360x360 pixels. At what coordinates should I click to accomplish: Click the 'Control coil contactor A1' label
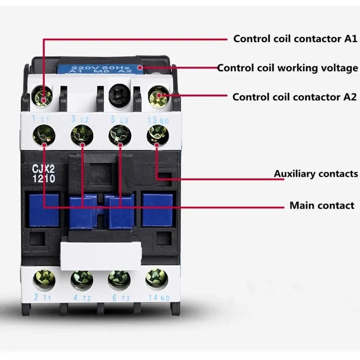click(295, 39)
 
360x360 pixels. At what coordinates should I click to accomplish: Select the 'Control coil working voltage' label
click(288, 68)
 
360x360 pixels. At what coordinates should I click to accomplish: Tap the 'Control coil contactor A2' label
click(294, 97)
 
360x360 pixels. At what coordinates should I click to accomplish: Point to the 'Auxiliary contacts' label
click(316, 173)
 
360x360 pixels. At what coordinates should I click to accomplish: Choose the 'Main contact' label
click(322, 205)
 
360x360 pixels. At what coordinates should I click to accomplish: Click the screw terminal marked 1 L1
click(44, 134)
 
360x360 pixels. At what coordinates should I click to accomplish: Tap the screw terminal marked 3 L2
click(81, 134)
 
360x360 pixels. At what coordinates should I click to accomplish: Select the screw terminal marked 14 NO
click(156, 278)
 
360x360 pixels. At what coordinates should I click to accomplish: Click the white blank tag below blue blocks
click(100, 254)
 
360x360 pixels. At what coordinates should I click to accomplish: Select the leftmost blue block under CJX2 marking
click(44, 210)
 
